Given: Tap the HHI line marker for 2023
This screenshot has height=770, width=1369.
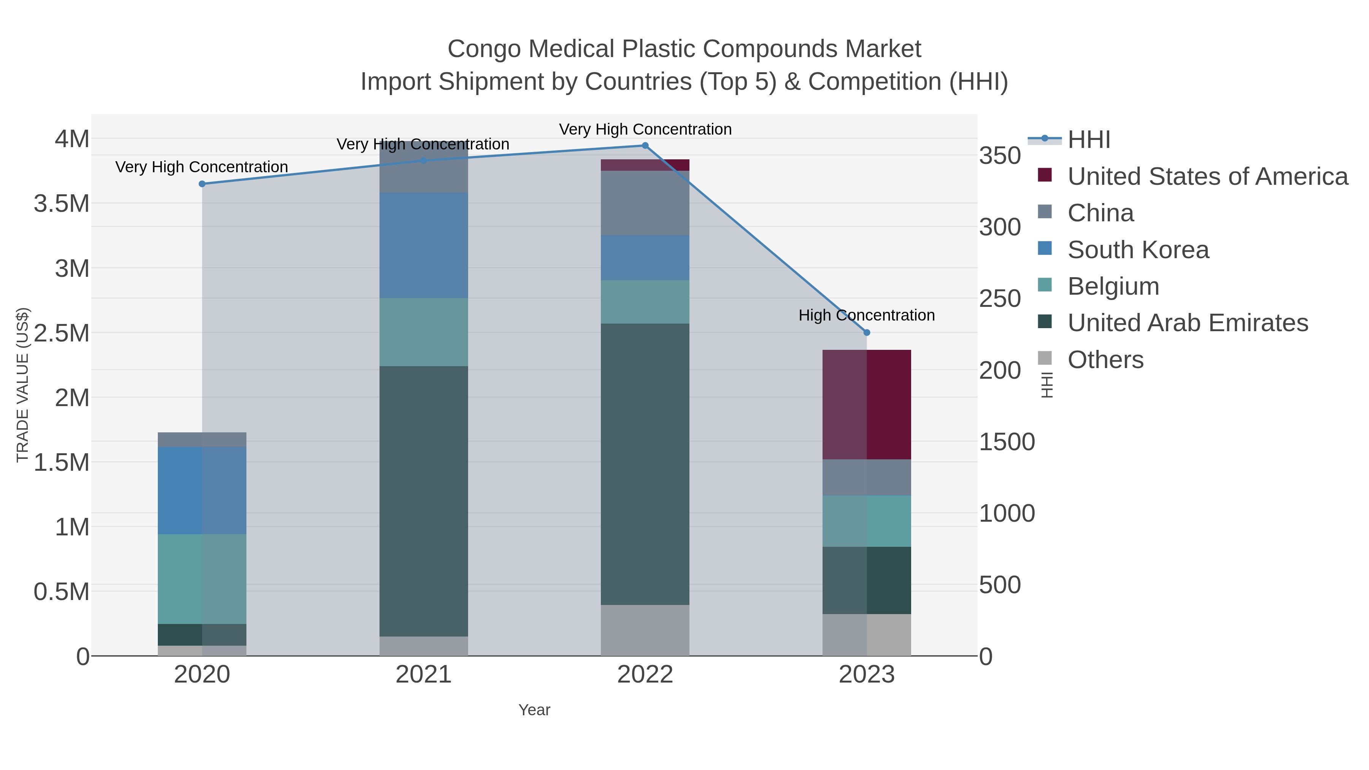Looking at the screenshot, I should [x=866, y=333].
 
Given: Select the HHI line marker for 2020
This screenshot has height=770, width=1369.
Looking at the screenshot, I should [x=202, y=184].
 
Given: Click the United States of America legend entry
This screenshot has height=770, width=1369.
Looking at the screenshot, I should [x=1207, y=176].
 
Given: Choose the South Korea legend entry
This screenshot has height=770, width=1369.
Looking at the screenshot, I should [x=1138, y=250].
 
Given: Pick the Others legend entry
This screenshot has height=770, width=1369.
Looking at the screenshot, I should [x=1105, y=360].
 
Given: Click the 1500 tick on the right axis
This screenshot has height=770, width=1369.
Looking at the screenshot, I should [x=1007, y=442].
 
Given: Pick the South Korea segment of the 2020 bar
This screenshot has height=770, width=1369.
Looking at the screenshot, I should [x=202, y=490].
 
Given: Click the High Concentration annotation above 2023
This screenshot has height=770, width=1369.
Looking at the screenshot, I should [x=866, y=315].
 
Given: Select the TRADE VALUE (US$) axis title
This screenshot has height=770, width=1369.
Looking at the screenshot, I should [x=22, y=385].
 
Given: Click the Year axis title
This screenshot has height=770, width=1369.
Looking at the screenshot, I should [x=534, y=710].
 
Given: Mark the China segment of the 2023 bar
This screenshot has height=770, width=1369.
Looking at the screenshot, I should [x=866, y=477].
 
